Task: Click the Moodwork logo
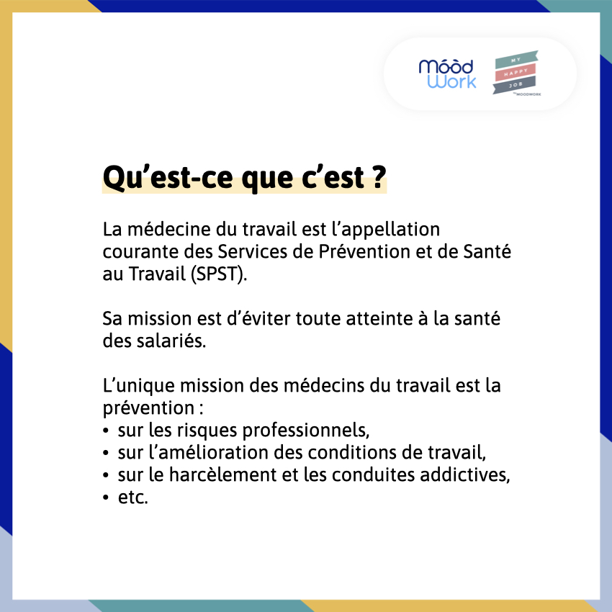[x=447, y=74]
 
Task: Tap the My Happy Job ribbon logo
[x=516, y=73]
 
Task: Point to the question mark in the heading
[x=378, y=178]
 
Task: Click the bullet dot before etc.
[x=107, y=498]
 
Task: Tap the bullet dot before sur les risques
[x=107, y=431]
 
